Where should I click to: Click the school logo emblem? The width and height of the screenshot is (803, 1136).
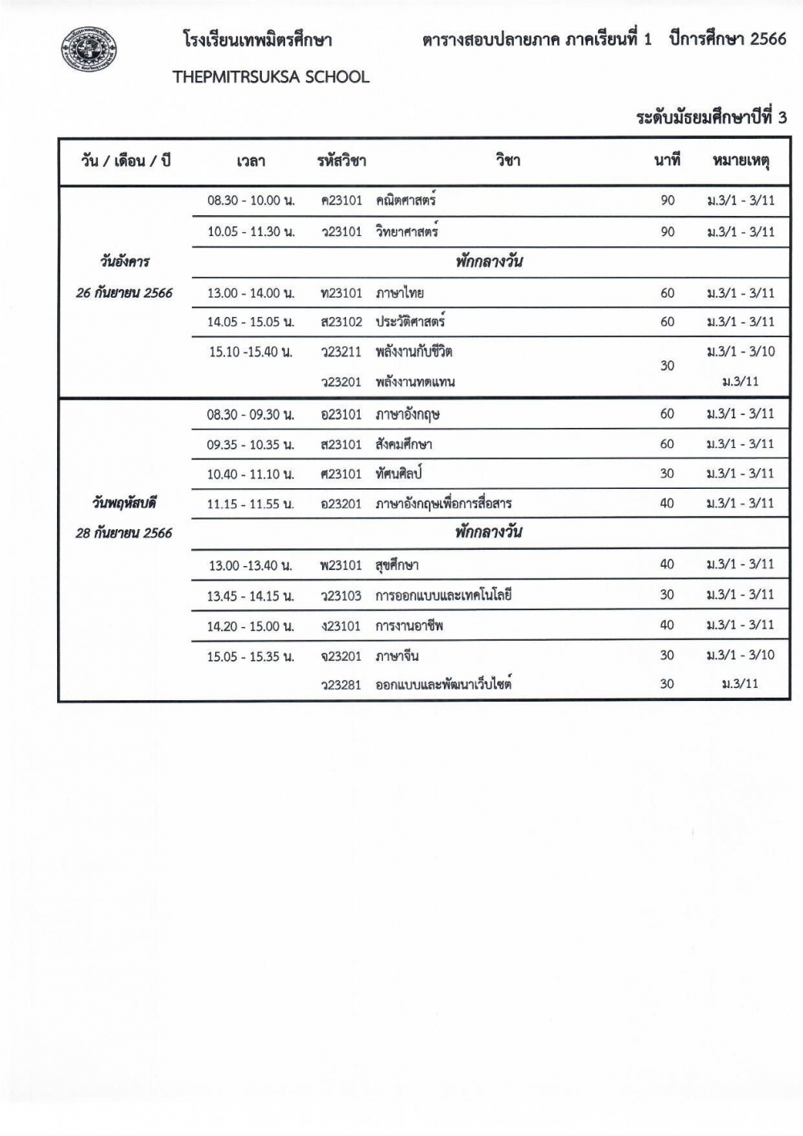pyautogui.click(x=88, y=50)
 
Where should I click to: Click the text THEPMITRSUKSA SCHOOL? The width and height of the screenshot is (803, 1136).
pyautogui.click(x=271, y=77)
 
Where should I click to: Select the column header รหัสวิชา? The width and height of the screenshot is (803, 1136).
pyautogui.click(x=341, y=161)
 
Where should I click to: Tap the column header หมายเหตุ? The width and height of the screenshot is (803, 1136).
pyautogui.click(x=740, y=161)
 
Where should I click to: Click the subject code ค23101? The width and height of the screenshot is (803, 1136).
pyautogui.click(x=341, y=201)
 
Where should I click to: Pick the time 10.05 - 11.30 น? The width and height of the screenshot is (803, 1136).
pyautogui.click(x=251, y=232)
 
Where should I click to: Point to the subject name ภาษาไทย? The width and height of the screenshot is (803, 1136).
pyautogui.click(x=400, y=293)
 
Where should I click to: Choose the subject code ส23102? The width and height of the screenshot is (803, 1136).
pyautogui.click(x=341, y=322)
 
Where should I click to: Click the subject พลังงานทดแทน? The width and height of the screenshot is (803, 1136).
pyautogui.click(x=415, y=382)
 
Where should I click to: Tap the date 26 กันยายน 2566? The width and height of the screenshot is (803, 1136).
pyautogui.click(x=124, y=292)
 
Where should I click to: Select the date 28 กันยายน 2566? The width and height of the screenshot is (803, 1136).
pyautogui.click(x=124, y=532)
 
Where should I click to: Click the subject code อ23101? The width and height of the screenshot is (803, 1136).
pyautogui.click(x=341, y=414)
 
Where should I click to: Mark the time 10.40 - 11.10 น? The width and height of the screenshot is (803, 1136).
pyautogui.click(x=251, y=474)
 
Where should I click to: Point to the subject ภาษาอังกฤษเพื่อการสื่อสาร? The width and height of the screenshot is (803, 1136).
pyautogui.click(x=443, y=504)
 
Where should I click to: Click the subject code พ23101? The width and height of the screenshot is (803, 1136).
pyautogui.click(x=341, y=565)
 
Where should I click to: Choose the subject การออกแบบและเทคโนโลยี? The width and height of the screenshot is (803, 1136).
pyautogui.click(x=443, y=596)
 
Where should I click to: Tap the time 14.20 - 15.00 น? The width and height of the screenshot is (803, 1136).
pyautogui.click(x=251, y=626)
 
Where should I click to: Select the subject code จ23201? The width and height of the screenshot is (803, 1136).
pyautogui.click(x=341, y=657)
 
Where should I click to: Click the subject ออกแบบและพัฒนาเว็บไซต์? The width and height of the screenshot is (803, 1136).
pyautogui.click(x=443, y=685)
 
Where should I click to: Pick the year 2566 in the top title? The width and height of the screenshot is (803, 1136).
pyautogui.click(x=768, y=39)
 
